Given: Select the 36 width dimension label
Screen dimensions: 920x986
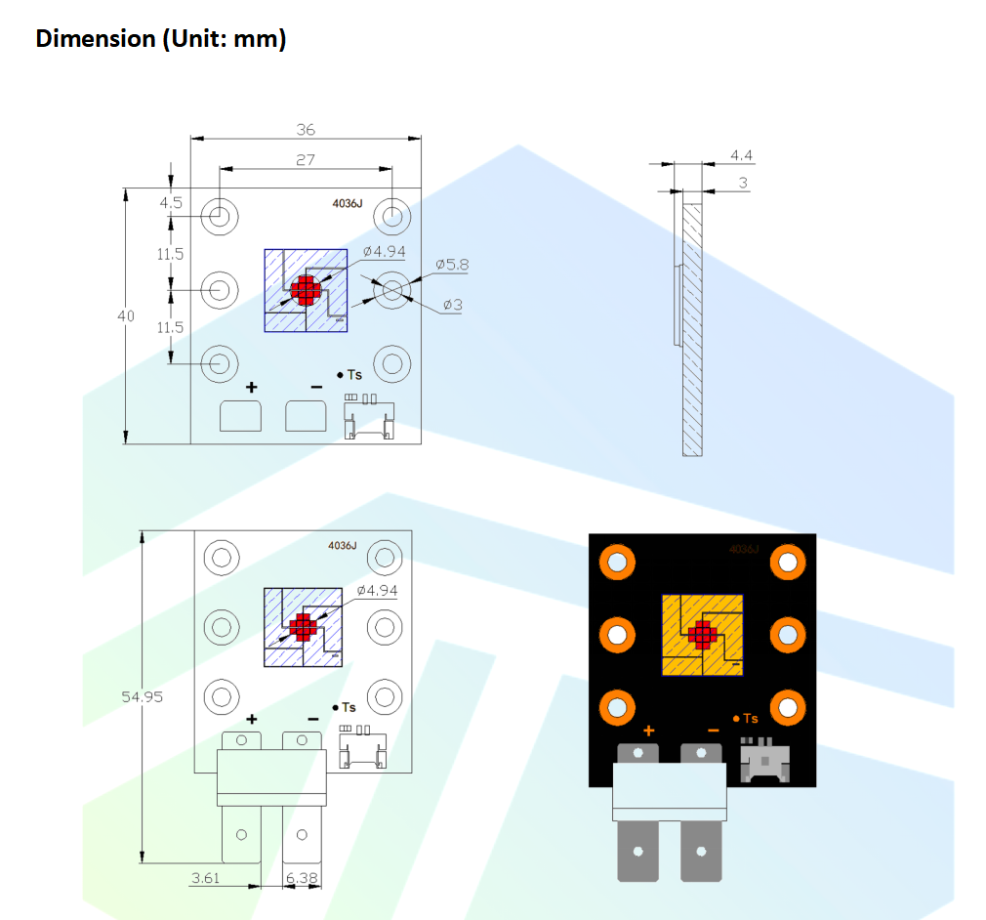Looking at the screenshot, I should [x=306, y=130].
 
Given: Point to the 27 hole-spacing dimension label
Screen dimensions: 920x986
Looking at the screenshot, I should [x=306, y=159].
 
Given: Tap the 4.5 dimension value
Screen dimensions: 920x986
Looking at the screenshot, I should [x=171, y=203].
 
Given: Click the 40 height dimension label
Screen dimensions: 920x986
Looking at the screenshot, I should [x=126, y=316].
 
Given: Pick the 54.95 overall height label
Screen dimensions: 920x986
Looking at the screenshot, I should [x=142, y=697].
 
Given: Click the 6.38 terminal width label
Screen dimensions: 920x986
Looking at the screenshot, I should [x=302, y=879].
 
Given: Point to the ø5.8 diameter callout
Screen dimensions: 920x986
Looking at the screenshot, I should [x=452, y=264].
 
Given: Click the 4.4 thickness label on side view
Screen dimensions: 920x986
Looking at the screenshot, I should [x=741, y=155].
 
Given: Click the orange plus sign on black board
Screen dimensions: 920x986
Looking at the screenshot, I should [x=648, y=730].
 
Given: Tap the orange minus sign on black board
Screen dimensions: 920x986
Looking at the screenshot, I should [x=713, y=730].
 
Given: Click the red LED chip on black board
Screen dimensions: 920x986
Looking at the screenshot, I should [x=701, y=635].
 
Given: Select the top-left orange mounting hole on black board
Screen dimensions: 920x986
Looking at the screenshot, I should [x=617, y=562].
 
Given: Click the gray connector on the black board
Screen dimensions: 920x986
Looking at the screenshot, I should [x=764, y=760].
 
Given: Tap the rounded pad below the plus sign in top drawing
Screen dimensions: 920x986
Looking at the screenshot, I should [x=240, y=416].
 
